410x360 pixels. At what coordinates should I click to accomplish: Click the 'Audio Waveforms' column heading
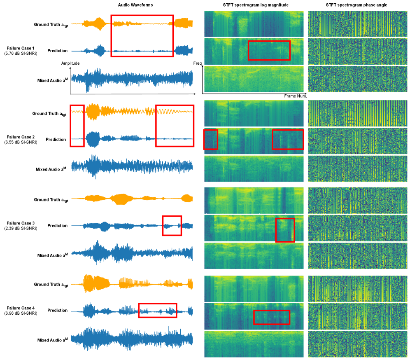pos(132,5)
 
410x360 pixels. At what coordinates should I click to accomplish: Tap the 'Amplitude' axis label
pos(70,63)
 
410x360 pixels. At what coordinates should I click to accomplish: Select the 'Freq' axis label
pos(197,63)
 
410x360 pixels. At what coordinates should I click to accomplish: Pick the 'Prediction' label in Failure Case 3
pos(57,226)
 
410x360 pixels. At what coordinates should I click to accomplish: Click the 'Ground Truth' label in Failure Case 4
pos(51,285)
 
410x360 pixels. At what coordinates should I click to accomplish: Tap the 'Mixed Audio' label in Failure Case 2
pos(51,169)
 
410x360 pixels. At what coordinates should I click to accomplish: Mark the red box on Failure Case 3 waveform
pos(172,225)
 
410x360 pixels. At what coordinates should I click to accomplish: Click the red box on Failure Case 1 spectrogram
pos(269,50)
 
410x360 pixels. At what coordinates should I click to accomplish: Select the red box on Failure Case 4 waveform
pos(157,310)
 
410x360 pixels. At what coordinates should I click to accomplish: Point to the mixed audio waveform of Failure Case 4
pos(132,340)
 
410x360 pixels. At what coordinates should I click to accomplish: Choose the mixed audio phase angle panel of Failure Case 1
pos(357,79)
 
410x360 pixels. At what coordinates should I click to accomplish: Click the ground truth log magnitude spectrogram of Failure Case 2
pos(254,113)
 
